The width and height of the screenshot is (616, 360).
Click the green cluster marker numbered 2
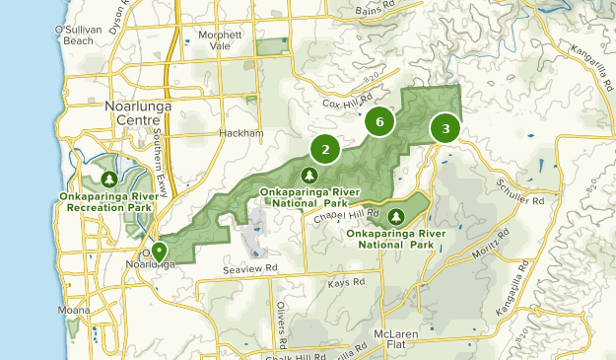click(325, 149)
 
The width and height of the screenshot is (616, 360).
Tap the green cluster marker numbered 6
click(379, 121)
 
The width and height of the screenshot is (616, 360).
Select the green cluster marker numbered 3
click(445, 128)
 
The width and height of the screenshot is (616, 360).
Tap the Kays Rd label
click(346, 283)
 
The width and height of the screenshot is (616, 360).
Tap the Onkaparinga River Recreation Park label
click(110, 202)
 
